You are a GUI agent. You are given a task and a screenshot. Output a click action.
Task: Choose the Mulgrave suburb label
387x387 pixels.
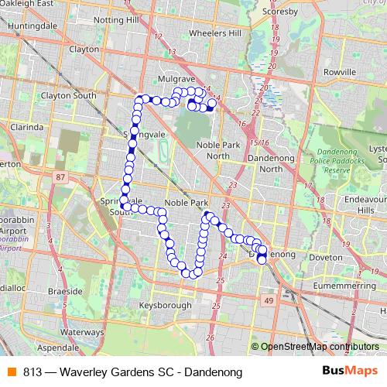(175, 79)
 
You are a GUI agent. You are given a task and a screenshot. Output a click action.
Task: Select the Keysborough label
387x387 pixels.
(165, 306)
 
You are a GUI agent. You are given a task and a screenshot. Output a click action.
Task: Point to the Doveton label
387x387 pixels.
(324, 257)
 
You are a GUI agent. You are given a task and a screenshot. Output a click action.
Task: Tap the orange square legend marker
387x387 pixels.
(11, 372)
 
